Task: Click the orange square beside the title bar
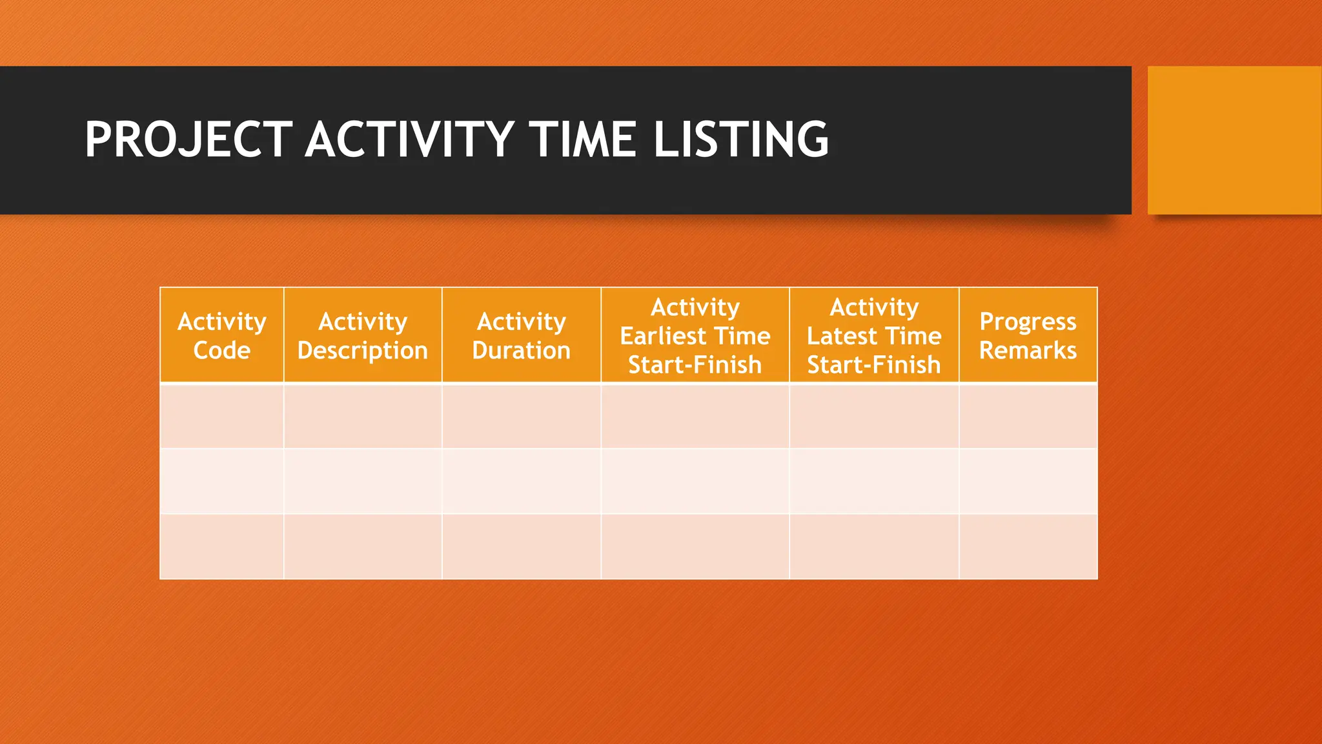point(1234,140)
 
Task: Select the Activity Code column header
point(221,335)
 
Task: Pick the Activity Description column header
point(362,335)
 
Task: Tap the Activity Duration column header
point(521,335)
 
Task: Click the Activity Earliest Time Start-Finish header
point(695,335)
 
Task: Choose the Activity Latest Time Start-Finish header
point(873,335)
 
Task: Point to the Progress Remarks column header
point(1028,335)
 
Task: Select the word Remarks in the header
point(1028,350)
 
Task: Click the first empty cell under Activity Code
point(221,416)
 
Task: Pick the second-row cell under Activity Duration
point(521,481)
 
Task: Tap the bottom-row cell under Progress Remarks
point(1028,546)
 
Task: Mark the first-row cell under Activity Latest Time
point(873,416)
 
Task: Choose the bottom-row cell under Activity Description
point(362,546)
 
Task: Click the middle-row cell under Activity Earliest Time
point(695,481)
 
